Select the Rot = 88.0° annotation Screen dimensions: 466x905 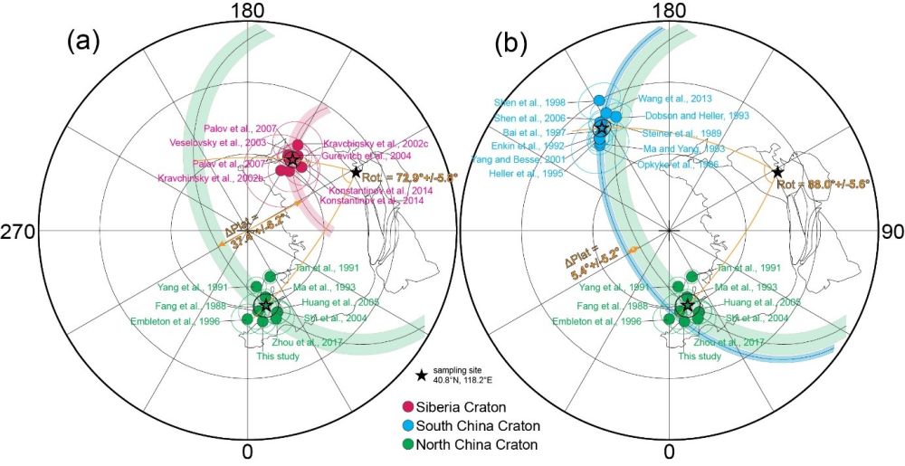(x=823, y=184)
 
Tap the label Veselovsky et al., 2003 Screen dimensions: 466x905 (x=229, y=142)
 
